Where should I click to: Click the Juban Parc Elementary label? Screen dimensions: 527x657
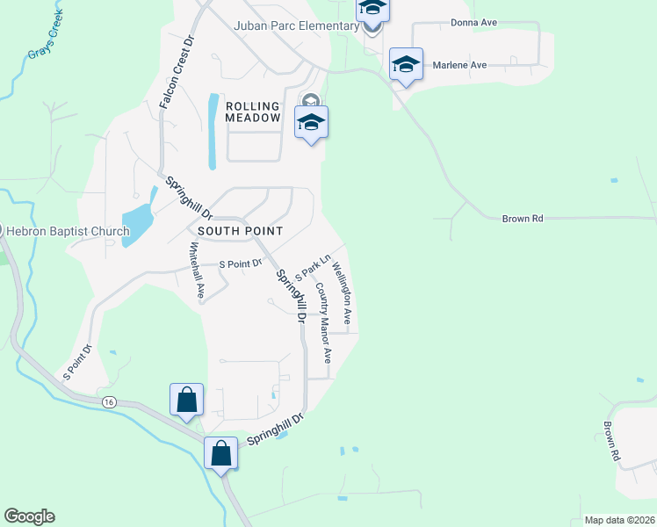click(296, 25)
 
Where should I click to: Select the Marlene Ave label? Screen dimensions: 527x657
click(458, 65)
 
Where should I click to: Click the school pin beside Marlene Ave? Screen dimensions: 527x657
click(406, 65)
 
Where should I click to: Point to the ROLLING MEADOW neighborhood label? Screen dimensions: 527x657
click(253, 112)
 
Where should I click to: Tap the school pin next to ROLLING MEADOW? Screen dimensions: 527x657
click(311, 123)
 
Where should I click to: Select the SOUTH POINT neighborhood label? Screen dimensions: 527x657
click(240, 231)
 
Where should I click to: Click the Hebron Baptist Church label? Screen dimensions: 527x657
click(69, 232)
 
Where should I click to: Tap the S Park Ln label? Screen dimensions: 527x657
click(312, 267)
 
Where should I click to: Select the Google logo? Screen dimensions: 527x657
click(29, 516)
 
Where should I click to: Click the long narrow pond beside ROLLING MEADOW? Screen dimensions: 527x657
click(212, 131)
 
